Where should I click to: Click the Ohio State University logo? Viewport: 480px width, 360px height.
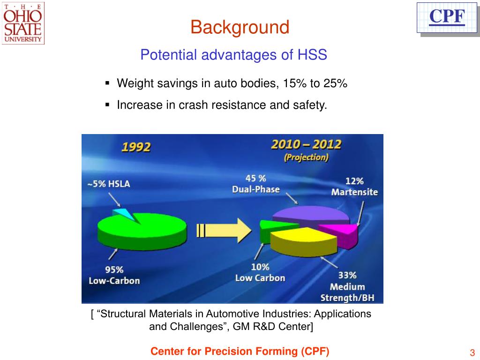[23, 23]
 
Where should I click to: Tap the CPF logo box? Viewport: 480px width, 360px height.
[447, 17]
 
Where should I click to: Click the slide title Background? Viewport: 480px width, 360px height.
[240, 27]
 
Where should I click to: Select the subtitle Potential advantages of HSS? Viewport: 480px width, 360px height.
[233, 55]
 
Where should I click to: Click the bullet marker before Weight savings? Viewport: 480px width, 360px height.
[107, 84]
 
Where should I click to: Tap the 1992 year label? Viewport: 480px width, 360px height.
[136, 147]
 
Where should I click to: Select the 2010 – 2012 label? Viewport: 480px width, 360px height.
[306, 144]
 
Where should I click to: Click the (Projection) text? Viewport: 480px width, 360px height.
[306, 157]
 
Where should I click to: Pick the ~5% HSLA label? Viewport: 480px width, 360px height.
[109, 184]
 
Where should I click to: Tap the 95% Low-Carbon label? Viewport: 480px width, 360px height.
[114, 275]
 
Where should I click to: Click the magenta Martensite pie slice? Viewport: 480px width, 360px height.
[340, 233]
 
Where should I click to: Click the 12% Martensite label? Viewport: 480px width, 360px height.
[354, 186]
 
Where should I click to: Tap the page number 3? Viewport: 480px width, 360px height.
[472, 353]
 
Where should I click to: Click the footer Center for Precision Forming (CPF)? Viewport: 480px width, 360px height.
[240, 352]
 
